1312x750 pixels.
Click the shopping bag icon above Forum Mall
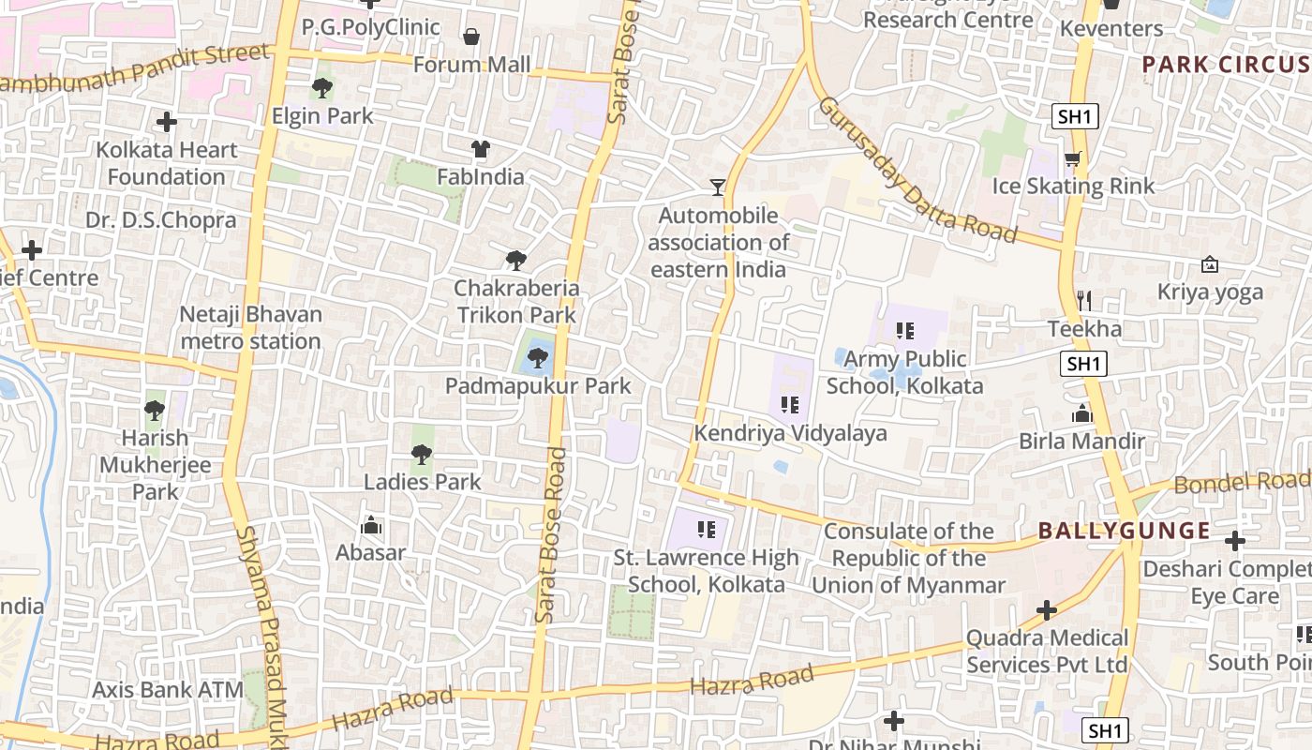(470, 37)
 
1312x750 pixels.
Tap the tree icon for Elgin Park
(322, 89)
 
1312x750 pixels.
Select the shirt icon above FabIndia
(480, 149)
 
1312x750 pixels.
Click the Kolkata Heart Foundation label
(167, 163)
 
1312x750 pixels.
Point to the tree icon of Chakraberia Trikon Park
(515, 261)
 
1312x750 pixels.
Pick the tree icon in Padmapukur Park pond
(538, 357)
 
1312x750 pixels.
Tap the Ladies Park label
(422, 482)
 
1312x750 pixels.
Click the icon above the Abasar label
(371, 525)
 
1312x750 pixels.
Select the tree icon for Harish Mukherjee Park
(155, 411)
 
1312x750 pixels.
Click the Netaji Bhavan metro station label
(250, 327)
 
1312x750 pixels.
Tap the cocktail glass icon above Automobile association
(718, 187)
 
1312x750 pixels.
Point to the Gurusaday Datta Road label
(917, 171)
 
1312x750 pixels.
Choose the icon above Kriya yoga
(1210, 265)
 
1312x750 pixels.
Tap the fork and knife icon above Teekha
(1084, 301)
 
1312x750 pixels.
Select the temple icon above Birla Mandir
(1082, 413)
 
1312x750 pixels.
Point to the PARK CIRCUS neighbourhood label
(1225, 65)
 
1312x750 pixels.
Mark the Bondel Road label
(1242, 483)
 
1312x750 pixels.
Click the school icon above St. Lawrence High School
(707, 530)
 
